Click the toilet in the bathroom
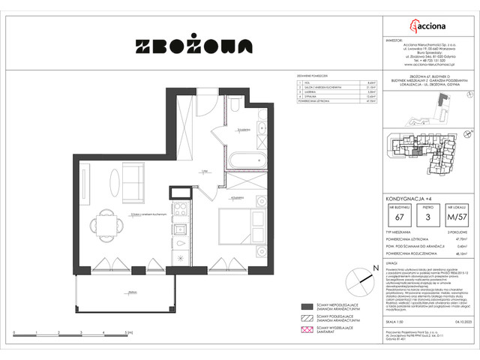tap(234, 114)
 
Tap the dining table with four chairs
tap(100, 223)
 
